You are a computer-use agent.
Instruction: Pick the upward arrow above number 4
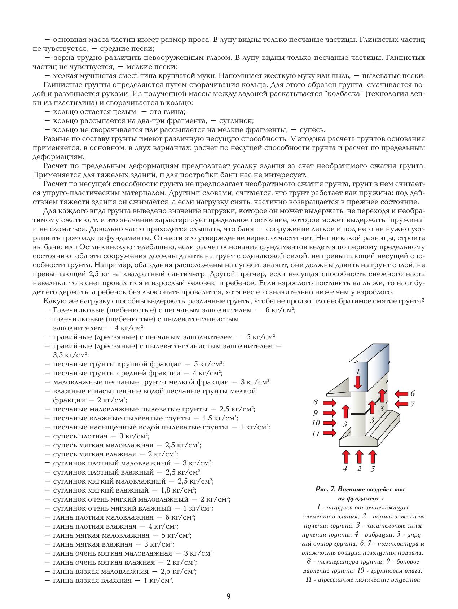pos(345,456)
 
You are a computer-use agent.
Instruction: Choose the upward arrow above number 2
pos(359,456)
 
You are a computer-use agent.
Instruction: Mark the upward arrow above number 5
pos(373,456)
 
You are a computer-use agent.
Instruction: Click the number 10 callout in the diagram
pos(316,423)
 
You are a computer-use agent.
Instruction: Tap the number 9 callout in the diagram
pos(316,413)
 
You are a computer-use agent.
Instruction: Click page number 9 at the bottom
pos(229,596)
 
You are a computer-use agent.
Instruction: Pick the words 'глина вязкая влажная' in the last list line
pos(92,581)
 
